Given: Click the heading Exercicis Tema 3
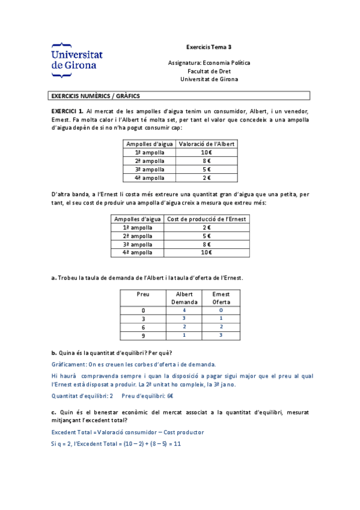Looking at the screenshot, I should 209,46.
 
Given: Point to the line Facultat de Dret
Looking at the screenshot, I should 209,70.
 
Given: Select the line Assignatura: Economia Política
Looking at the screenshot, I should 209,63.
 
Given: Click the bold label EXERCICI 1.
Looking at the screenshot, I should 67,111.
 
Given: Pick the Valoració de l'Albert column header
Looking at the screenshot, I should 207,144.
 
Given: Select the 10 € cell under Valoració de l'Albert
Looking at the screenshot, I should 207,153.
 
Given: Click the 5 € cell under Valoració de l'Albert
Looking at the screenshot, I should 207,170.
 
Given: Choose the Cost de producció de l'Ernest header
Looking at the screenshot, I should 206,219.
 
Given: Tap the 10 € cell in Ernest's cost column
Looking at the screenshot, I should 206,253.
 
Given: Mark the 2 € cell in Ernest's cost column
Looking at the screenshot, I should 206,227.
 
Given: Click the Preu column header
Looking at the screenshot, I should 142,294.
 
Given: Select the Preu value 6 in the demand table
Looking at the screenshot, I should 142,327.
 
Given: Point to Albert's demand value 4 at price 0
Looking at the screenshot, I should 184,310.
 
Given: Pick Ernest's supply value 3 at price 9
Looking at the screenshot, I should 221,336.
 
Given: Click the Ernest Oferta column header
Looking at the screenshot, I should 221,298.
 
